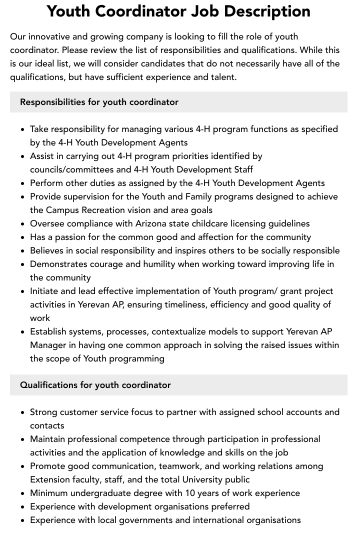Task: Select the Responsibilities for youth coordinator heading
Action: click(x=99, y=102)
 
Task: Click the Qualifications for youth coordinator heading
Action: click(x=95, y=385)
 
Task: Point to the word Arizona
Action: click(x=151, y=223)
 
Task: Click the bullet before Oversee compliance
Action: click(x=23, y=223)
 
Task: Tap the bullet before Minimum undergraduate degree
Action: click(x=23, y=493)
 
